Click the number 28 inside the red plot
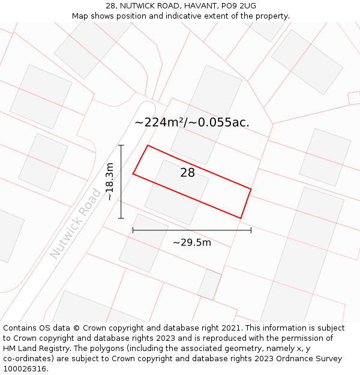[187, 173]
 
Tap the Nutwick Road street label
[76, 224]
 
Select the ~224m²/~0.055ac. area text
[192, 122]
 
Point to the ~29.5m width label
[192, 242]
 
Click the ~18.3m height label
[109, 182]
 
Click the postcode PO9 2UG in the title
[239, 5]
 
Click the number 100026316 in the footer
[23, 369]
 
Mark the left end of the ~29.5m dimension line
[133, 230]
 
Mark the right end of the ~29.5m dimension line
[251, 230]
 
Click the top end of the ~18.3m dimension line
[121, 145]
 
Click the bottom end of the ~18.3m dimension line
[121, 218]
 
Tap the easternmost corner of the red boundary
[251, 190]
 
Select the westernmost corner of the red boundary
[133, 174]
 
